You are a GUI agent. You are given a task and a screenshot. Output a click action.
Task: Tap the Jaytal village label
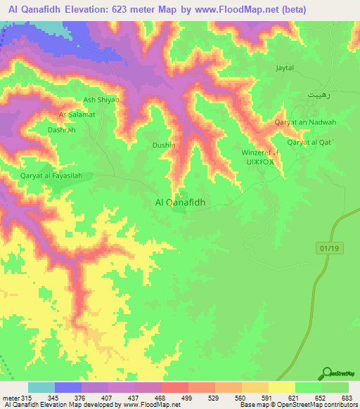(285, 69)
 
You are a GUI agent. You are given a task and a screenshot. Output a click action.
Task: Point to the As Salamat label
(77, 114)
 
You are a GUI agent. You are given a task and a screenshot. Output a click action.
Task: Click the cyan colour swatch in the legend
(41, 387)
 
